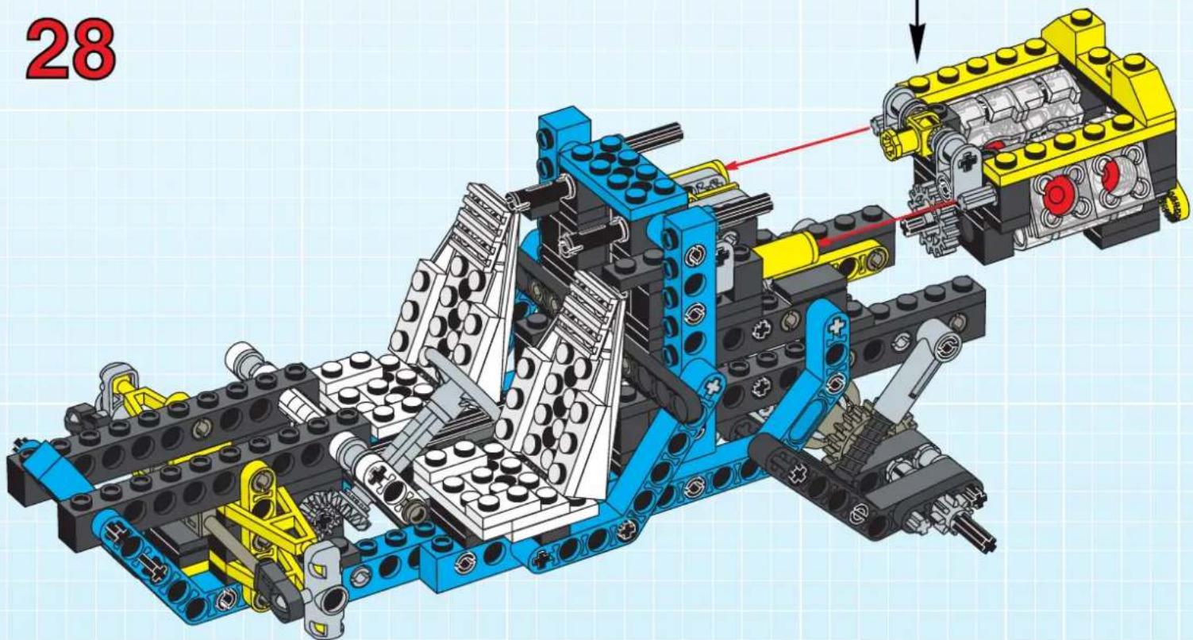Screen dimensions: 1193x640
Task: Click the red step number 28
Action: tap(71, 49)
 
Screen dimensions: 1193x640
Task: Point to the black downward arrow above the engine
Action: tap(917, 31)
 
